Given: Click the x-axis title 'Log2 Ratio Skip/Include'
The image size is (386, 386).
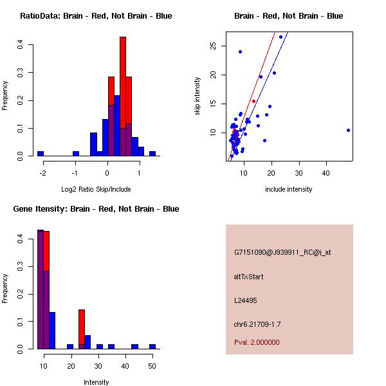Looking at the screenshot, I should pyautogui.click(x=96, y=189).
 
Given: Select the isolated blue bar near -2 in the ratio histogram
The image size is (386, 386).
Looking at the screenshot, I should pyautogui.click(x=41, y=154).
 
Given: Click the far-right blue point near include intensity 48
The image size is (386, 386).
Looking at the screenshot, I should pyautogui.click(x=348, y=130).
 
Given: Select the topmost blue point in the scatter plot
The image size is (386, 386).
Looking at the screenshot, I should pyautogui.click(x=280, y=37).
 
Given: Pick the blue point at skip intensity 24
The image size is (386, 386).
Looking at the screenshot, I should pyautogui.click(x=240, y=51).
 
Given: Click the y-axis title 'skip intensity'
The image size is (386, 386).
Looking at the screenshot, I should pyautogui.click(x=198, y=96).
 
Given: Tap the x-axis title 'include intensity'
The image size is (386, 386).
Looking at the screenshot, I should pyautogui.click(x=289, y=189).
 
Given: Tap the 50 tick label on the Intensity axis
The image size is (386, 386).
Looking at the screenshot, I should pyautogui.click(x=152, y=365).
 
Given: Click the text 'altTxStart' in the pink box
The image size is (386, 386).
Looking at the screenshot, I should pyautogui.click(x=249, y=277).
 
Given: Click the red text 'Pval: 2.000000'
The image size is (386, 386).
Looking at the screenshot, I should pyautogui.click(x=257, y=342).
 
